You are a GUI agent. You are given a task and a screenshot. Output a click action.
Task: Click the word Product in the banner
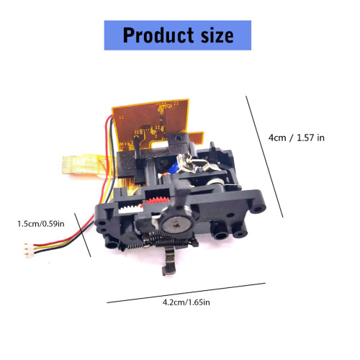[158, 35]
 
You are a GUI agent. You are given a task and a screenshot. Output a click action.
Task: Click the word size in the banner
[217, 35]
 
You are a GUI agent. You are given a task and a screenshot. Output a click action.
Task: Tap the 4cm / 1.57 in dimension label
[297, 138]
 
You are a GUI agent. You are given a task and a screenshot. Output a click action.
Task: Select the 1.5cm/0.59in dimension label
[41, 224]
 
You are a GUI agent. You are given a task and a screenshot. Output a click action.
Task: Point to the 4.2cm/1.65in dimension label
[186, 302]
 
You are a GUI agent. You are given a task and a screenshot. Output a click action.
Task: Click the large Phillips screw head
[177, 225]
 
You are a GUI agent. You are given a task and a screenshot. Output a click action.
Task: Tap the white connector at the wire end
[28, 251]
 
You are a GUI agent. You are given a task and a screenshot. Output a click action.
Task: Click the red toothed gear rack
[158, 200]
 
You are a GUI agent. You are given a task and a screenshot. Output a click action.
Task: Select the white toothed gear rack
[130, 210]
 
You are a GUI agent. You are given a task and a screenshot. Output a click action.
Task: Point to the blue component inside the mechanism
[175, 167]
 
